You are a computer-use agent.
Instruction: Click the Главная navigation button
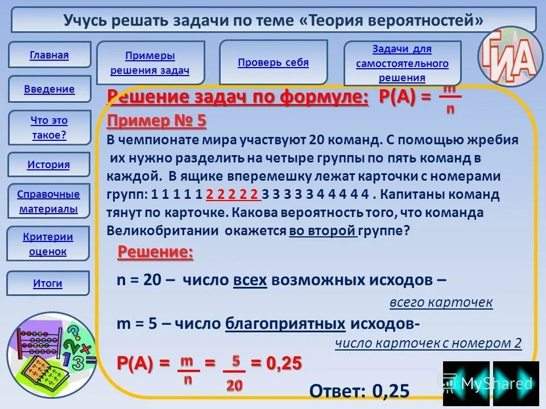pos(49,55)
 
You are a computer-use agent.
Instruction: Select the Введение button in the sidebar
pos(49,89)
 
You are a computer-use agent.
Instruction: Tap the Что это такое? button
pos(49,128)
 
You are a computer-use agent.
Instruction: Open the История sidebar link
pos(48,165)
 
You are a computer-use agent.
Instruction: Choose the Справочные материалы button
pos(48,202)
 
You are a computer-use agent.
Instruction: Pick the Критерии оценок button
pos(48,244)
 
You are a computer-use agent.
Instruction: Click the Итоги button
pos(48,283)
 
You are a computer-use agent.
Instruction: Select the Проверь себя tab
pos(273,62)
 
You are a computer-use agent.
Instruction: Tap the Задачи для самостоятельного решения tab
pos(402,63)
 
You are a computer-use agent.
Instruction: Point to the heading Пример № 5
pos(156,121)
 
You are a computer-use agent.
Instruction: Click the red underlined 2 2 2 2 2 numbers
pos(233,195)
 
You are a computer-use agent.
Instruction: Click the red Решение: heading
pos(155,253)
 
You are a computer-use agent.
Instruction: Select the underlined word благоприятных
pos(286,324)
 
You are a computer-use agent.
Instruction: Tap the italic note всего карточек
pos(441,302)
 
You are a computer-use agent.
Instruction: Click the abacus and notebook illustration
pos(50,354)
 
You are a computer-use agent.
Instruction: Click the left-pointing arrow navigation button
pos(465,383)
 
